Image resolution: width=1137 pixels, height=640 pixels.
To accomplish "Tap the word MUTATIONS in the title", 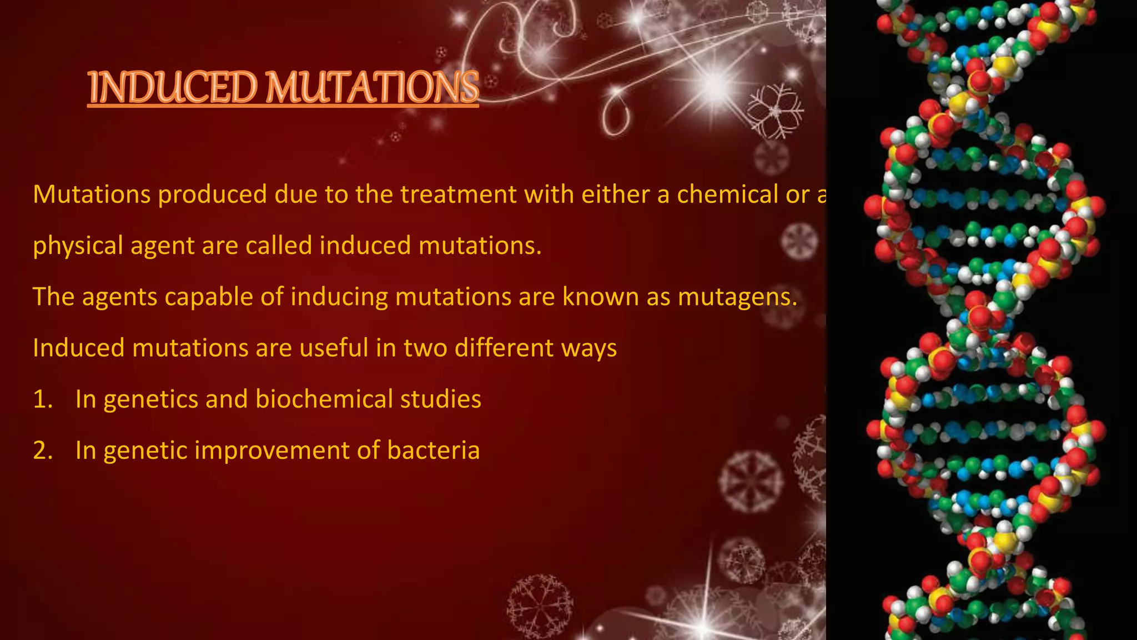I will pos(372,88).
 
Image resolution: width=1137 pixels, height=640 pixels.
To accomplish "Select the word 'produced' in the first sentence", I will pos(212,195).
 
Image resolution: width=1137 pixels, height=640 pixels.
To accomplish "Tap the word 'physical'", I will pos(78,246).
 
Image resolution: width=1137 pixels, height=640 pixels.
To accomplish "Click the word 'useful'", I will pos(334,348).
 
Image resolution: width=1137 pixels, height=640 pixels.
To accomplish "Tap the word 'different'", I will pos(504,348).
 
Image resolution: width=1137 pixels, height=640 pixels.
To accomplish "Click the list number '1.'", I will pos(43,399).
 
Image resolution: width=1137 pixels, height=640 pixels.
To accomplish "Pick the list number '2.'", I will pos(43,451).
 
